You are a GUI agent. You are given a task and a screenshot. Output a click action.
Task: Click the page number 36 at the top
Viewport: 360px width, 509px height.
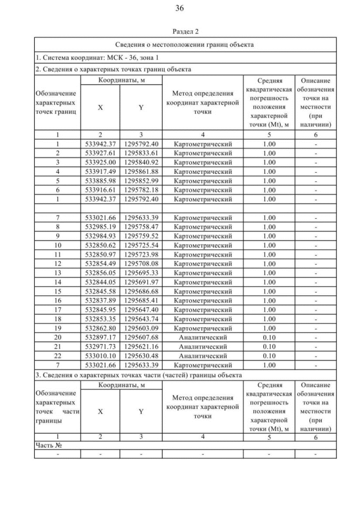[179, 8]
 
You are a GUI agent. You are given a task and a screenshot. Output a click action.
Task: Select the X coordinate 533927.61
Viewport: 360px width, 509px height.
[100, 153]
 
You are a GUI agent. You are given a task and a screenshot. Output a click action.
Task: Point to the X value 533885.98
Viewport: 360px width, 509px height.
[100, 181]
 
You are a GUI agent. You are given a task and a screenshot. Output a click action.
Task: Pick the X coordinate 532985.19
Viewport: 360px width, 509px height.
[100, 227]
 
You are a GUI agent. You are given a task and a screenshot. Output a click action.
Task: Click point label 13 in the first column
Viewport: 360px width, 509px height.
[57, 272]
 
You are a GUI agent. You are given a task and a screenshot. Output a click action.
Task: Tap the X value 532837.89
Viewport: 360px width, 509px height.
[100, 300]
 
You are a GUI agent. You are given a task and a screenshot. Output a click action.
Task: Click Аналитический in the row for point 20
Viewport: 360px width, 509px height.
[202, 336]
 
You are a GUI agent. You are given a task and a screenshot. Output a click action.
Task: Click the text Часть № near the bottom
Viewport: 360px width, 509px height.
[48, 445]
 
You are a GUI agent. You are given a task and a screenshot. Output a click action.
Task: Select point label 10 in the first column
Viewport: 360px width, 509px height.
[57, 245]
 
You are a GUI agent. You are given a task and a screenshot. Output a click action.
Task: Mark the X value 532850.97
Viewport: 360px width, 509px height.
[100, 254]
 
